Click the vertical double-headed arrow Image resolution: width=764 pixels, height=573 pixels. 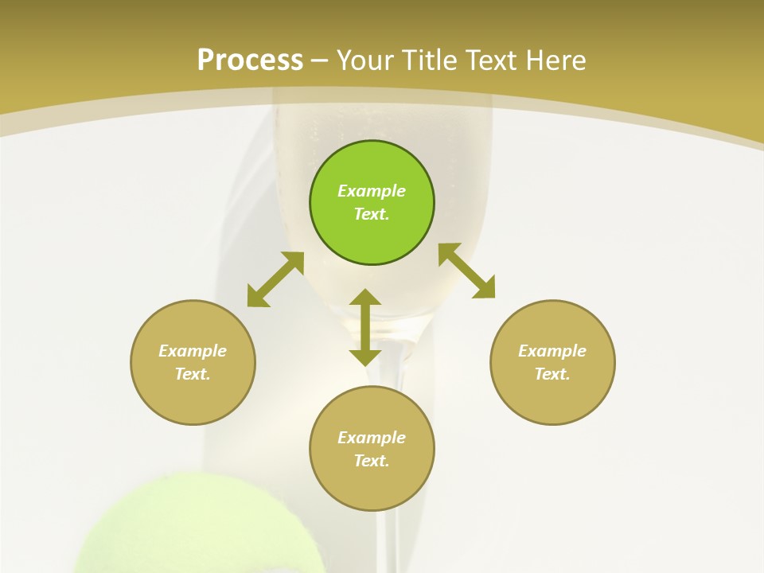point(365,327)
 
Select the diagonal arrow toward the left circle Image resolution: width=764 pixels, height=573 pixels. point(275,279)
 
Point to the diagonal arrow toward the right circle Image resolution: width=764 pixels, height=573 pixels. point(466,271)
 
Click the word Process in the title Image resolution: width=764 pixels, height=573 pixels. point(250,60)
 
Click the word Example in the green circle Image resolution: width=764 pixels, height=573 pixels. point(372,191)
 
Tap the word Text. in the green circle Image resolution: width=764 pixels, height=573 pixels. point(372,214)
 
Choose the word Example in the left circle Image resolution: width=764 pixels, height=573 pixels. point(193,351)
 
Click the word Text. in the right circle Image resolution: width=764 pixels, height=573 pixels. point(552,374)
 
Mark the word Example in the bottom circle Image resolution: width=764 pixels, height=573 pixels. point(372,438)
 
